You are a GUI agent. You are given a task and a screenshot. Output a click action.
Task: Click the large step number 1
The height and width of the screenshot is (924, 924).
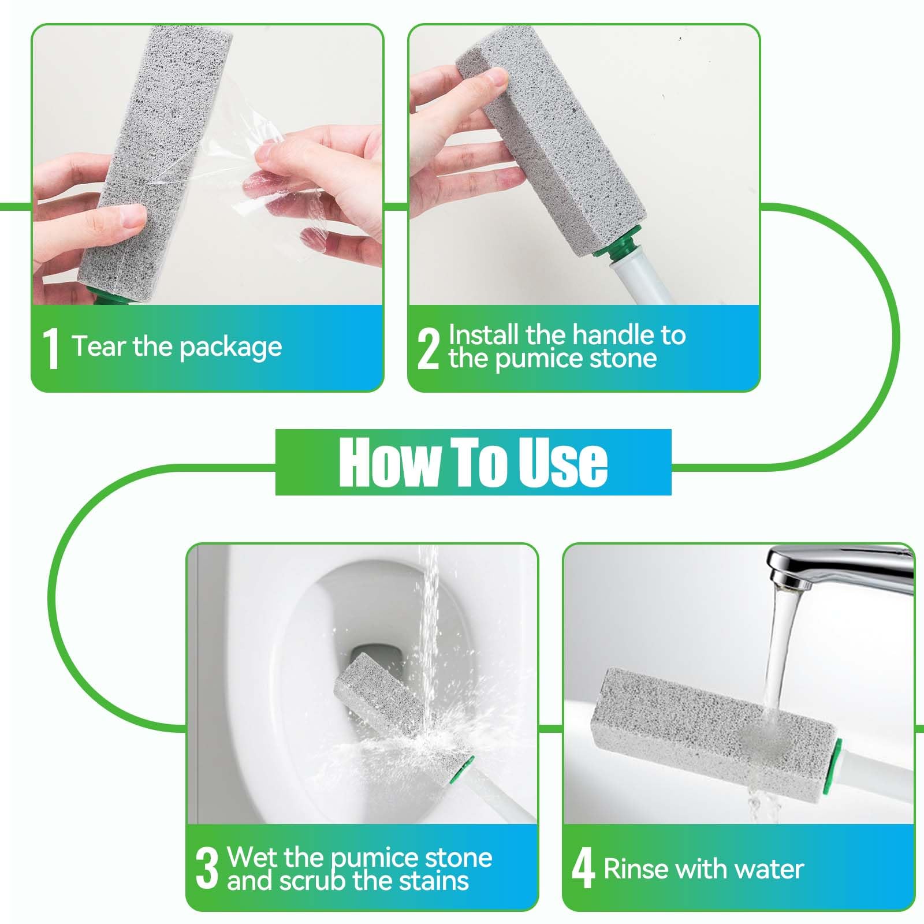[x=52, y=348]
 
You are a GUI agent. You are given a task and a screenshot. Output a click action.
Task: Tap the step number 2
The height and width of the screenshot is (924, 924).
[x=428, y=348]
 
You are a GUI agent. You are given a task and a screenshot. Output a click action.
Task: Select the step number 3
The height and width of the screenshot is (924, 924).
[x=207, y=869]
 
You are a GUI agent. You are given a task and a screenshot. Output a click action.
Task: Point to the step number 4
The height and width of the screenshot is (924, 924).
[x=583, y=869]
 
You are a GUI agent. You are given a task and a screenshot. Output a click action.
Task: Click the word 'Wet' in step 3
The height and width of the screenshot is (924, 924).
[x=248, y=858]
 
